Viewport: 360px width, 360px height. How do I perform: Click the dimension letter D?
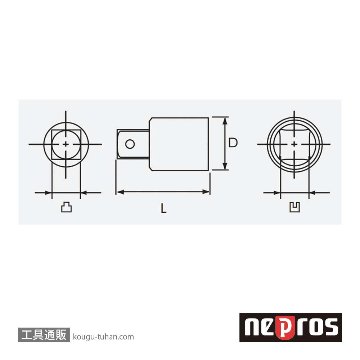coord(233,143)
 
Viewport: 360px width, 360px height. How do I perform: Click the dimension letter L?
coord(163,209)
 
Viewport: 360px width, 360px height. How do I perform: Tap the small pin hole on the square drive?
coord(130,144)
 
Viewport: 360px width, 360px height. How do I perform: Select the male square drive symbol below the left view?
coord(66,208)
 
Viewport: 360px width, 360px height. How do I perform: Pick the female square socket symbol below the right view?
coord(295,207)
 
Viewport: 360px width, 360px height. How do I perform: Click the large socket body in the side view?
coord(179,144)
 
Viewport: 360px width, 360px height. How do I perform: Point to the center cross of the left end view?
coord(66,144)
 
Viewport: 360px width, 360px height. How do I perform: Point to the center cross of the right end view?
coord(294,144)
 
